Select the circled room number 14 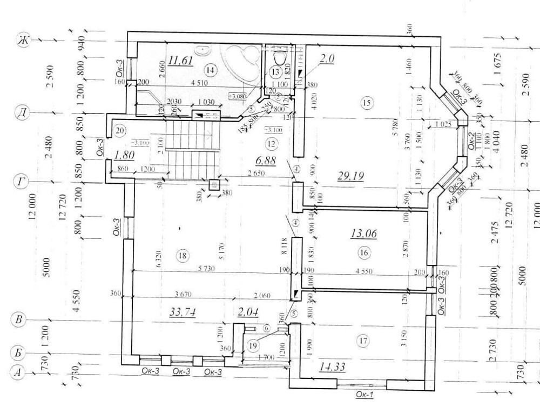[210, 69]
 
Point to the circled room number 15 [367, 104]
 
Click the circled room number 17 [362, 341]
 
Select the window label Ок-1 [365, 395]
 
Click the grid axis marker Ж [23, 41]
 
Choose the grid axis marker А [18, 373]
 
